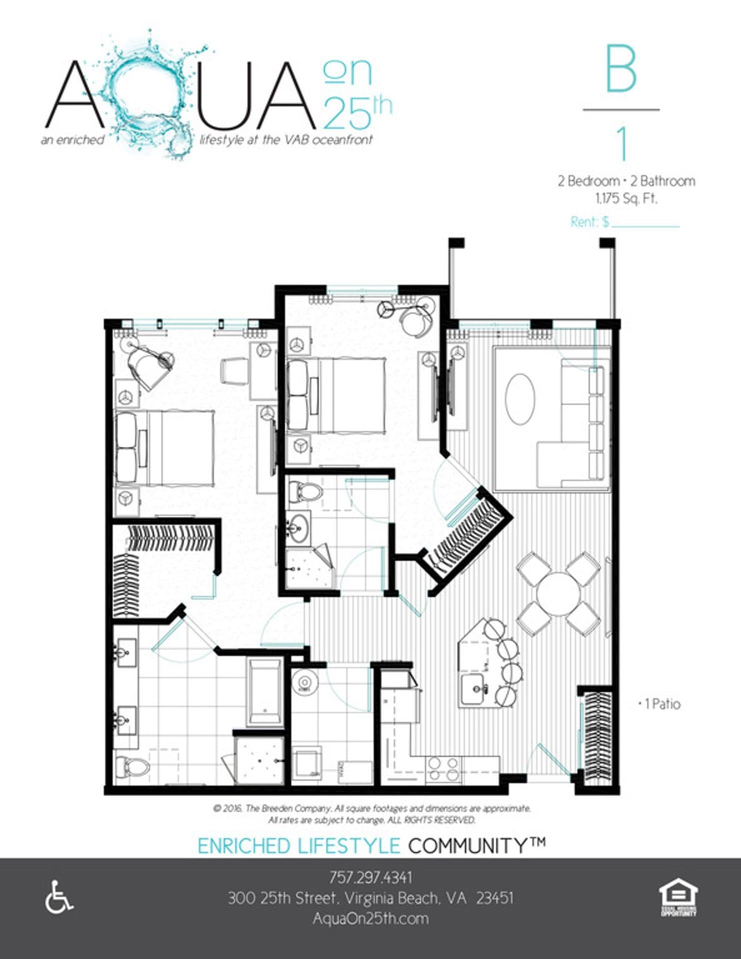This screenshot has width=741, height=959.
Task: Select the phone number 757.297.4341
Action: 370,877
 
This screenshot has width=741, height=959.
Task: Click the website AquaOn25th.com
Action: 370,918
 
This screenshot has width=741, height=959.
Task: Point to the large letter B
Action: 621,70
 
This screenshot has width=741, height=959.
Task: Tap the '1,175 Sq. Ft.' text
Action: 626,198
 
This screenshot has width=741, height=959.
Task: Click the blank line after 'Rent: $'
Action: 646,223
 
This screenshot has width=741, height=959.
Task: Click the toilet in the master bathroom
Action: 131,766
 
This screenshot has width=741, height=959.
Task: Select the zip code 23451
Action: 495,898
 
